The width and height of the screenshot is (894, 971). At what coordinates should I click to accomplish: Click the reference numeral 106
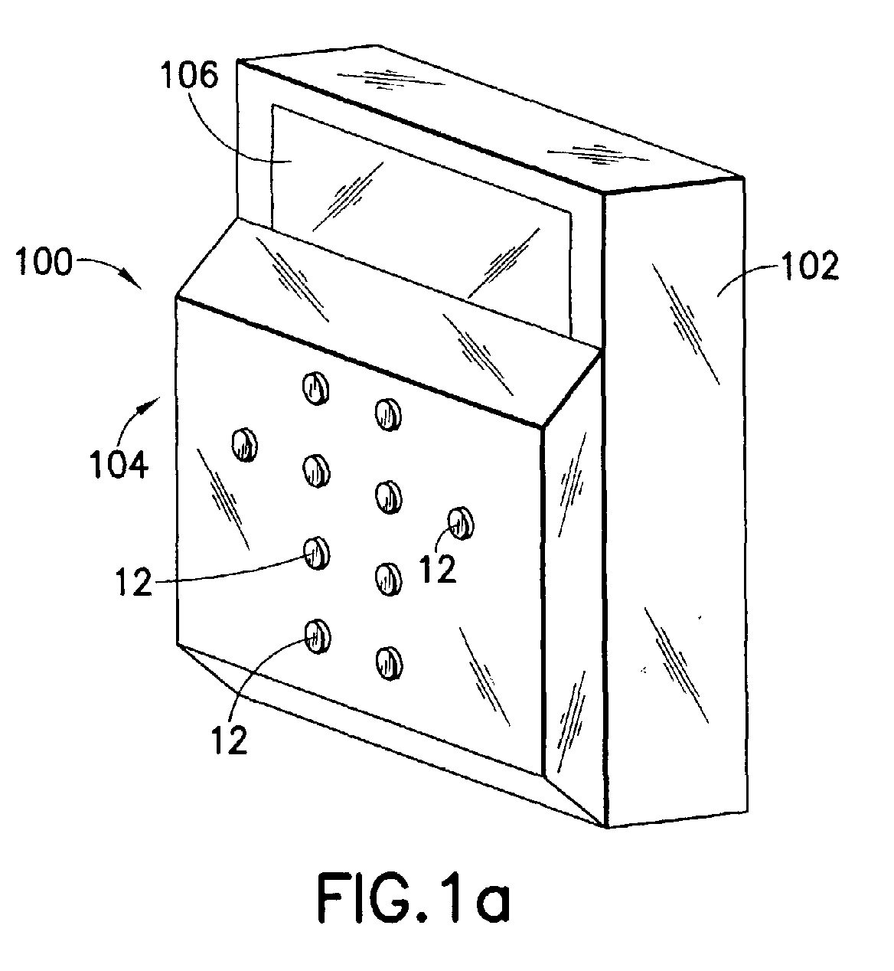click(x=189, y=76)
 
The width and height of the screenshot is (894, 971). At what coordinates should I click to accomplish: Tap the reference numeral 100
click(x=44, y=262)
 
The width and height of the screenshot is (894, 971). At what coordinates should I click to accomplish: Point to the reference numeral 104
click(x=119, y=465)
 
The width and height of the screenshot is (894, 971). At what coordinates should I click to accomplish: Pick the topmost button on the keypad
click(x=315, y=388)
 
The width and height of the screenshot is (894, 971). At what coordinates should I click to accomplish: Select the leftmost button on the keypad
click(x=244, y=444)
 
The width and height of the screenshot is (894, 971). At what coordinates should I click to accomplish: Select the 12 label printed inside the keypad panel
click(x=438, y=569)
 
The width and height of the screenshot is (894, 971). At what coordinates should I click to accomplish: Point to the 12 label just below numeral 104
click(x=134, y=582)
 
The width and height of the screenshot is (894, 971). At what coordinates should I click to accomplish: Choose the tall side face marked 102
click(x=675, y=503)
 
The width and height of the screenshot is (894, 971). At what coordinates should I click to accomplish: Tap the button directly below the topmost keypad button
click(x=316, y=470)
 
